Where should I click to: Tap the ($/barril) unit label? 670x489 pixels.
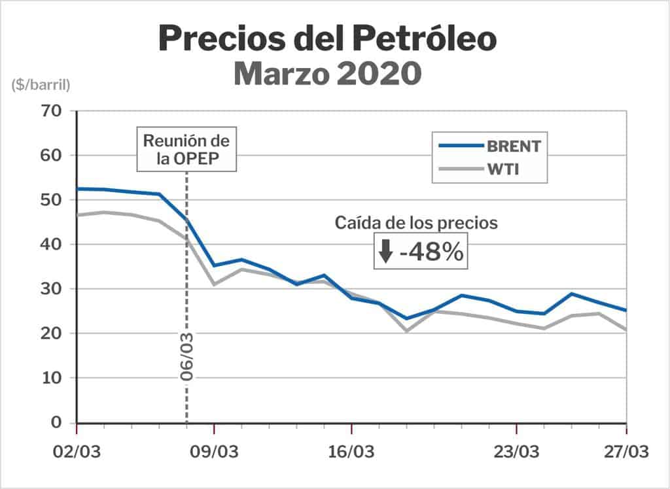coord(40,84)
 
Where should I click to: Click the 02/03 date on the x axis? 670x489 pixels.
coord(77,452)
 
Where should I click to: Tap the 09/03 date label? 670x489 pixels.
coord(214,452)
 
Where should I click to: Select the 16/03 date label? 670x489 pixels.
coord(351,452)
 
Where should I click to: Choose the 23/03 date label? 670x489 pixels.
coord(516,452)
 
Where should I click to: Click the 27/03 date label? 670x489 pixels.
coord(625,452)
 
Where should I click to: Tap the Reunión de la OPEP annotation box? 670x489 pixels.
coord(186,150)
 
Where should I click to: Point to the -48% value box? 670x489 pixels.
coord(421,252)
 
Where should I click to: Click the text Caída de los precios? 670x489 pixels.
coord(416,222)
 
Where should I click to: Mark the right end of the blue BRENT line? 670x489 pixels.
coord(626,310)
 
